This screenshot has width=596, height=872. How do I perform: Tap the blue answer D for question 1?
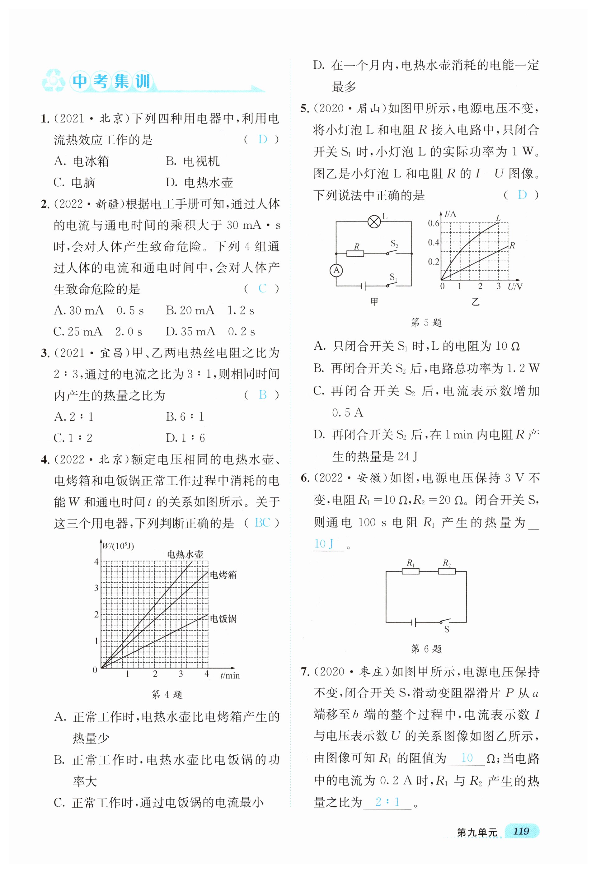pyautogui.click(x=263, y=140)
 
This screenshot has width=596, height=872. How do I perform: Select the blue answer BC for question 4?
pyautogui.click(x=262, y=523)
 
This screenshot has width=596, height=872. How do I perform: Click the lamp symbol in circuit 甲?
pyautogui.click(x=374, y=222)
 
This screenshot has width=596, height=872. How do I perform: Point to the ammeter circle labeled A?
pyautogui.click(x=336, y=270)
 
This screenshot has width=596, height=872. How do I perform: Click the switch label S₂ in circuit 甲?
pyautogui.click(x=394, y=244)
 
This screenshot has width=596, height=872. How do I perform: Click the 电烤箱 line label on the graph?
pyautogui.click(x=223, y=575)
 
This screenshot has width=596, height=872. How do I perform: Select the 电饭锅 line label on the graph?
pyautogui.click(x=223, y=619)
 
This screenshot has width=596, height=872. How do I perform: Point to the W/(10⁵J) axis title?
pyautogui.click(x=118, y=546)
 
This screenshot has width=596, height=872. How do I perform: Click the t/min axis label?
pyautogui.click(x=230, y=676)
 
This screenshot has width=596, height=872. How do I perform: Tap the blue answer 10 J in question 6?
pyautogui.click(x=324, y=544)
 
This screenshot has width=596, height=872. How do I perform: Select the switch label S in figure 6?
pyautogui.click(x=447, y=630)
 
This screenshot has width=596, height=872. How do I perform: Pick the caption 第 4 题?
pyautogui.click(x=167, y=695)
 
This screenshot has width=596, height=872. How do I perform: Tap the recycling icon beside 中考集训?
pyautogui.click(x=54, y=81)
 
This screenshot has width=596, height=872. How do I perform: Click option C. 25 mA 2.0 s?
pyautogui.click(x=98, y=332)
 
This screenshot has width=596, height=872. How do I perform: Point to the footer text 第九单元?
pyautogui.click(x=477, y=832)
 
